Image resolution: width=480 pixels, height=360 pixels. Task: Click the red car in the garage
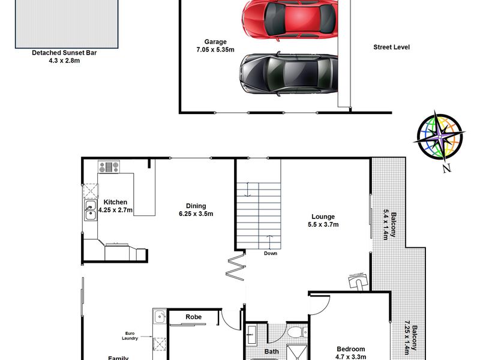click(x=290, y=19)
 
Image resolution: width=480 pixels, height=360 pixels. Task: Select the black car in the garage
click(x=288, y=73)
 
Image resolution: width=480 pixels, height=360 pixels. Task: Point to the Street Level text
click(x=391, y=47)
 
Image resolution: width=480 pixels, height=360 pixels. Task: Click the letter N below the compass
click(x=446, y=168)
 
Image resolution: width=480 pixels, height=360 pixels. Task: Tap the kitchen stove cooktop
click(x=109, y=167)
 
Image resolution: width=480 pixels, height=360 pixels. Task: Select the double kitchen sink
click(x=91, y=210)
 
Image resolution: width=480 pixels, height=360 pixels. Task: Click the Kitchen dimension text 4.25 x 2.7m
click(x=115, y=210)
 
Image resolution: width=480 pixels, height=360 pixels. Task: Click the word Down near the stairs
click(x=271, y=253)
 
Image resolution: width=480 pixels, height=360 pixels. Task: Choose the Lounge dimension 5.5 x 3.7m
click(x=323, y=224)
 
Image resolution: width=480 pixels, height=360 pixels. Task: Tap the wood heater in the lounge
click(x=358, y=280)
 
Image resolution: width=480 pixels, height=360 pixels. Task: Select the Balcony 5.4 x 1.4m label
click(x=389, y=226)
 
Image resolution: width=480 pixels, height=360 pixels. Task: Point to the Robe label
click(x=193, y=317)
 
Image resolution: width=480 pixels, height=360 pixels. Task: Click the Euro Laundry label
click(x=130, y=336)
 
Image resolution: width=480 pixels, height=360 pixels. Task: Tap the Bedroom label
click(x=351, y=349)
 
